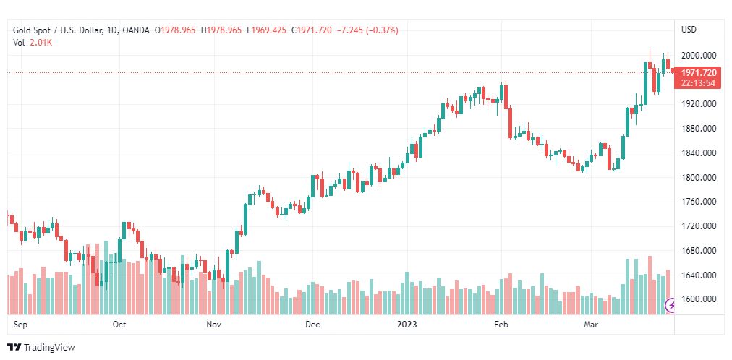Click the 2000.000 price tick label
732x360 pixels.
699,56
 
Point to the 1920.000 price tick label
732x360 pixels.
699,104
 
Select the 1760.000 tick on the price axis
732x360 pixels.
699,202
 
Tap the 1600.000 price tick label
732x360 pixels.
699,299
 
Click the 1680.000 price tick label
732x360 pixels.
699,251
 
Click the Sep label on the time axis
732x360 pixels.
20,325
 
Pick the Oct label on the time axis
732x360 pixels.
119,325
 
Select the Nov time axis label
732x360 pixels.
213,325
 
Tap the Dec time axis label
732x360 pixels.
312,325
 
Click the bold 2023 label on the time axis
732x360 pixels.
407,325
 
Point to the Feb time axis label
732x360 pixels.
501,325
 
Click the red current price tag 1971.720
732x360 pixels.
698,73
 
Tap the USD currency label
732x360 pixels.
689,30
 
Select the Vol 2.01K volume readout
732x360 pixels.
33,43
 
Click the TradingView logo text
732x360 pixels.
48,348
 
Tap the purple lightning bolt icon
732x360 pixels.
671,305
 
